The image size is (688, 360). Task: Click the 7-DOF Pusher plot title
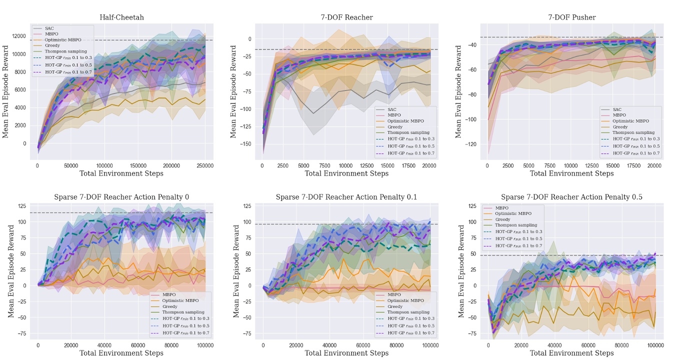[x=571, y=17]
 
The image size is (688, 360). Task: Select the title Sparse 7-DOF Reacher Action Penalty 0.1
[x=346, y=197]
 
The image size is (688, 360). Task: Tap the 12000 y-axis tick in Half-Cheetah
[x=19, y=36]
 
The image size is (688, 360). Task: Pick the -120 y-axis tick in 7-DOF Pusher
[x=471, y=144]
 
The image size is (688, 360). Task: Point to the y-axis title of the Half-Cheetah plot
[x=6, y=91]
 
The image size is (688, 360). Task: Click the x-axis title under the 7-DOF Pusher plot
[x=571, y=173]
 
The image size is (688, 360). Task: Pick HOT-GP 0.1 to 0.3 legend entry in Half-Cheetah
[x=65, y=57]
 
